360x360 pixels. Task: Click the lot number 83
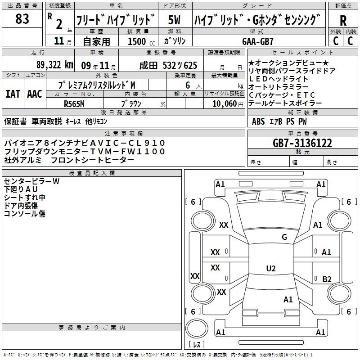[22, 18]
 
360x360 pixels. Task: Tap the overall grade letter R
[343, 21]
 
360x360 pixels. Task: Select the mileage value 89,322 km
[55, 65]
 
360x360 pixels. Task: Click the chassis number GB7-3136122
[302, 143]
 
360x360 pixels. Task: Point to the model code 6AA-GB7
[257, 41]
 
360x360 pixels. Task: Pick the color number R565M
[74, 104]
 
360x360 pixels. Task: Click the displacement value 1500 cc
[141, 41]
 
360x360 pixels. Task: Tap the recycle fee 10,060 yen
[228, 104]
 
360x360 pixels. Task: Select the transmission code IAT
[13, 94]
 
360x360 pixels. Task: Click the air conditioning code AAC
[35, 94]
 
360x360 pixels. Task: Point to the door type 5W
[174, 20]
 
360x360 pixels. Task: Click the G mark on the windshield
[284, 237]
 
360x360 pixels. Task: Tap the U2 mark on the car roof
[271, 268]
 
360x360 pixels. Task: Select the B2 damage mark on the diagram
[327, 279]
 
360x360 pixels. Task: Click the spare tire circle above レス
[197, 328]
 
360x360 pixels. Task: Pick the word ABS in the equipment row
[258, 121]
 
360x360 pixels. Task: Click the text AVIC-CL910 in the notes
[127, 143]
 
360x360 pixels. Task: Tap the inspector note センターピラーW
[31, 181]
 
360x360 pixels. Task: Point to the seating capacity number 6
[188, 85]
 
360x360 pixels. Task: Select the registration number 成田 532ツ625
[168, 66]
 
